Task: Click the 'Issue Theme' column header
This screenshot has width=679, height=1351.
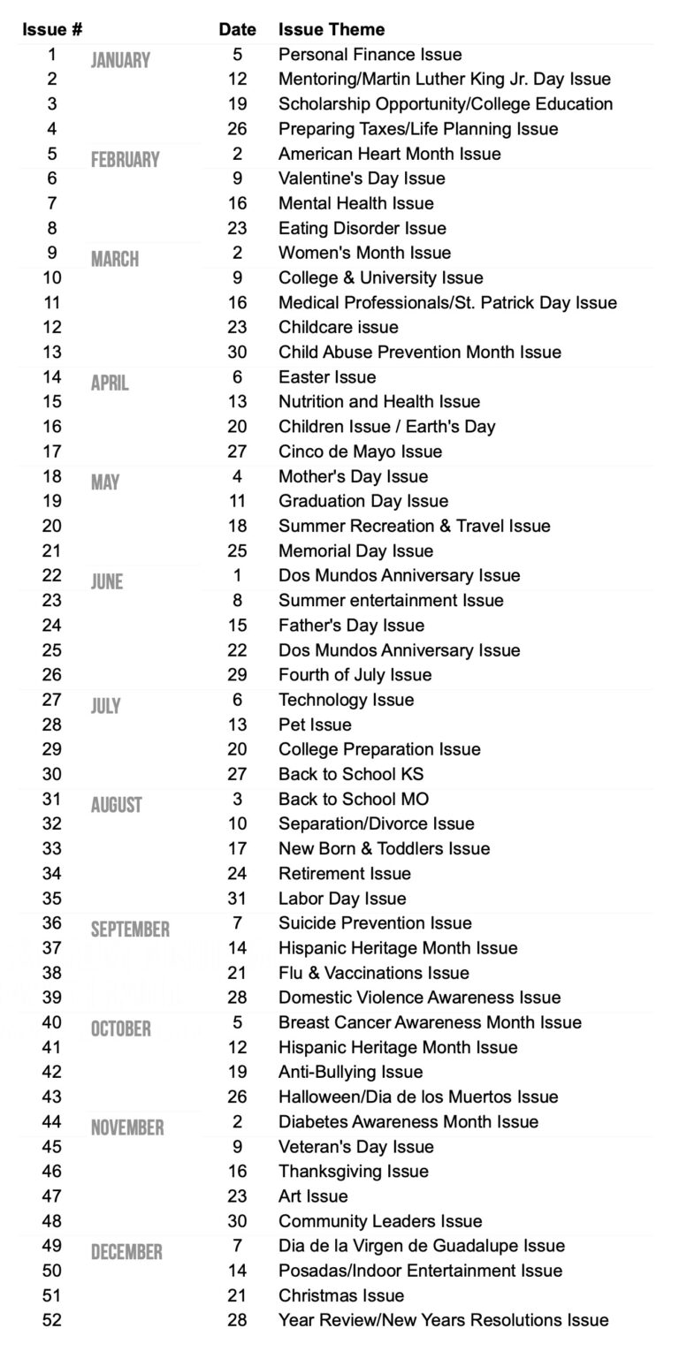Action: point(332,29)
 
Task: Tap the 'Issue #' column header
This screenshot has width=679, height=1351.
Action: point(52,29)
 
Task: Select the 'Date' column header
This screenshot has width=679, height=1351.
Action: point(237,29)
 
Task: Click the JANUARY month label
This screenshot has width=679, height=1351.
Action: point(120,61)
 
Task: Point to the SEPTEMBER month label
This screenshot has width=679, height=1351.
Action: point(130,930)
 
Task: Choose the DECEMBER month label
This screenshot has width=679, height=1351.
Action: point(126,1252)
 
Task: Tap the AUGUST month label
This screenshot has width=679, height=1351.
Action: point(116,805)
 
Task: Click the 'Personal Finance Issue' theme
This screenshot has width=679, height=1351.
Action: point(370,55)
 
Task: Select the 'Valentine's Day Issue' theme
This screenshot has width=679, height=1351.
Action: point(362,178)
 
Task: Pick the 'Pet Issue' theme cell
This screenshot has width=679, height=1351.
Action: point(315,725)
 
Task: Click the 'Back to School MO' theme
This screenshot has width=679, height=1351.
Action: point(354,799)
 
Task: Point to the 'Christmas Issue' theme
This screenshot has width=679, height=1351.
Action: point(341,1295)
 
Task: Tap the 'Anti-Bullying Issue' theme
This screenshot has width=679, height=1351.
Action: point(351,1072)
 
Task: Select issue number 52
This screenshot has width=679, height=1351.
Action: point(52,1320)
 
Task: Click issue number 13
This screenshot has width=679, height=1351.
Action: point(52,352)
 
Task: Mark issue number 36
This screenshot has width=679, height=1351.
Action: point(52,922)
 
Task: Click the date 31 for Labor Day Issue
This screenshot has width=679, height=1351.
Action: point(237,899)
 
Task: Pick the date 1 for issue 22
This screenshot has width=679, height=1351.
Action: point(237,575)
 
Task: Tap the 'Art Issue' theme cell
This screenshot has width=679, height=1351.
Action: point(313,1196)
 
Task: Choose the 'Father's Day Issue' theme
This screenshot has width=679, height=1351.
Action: point(352,626)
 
